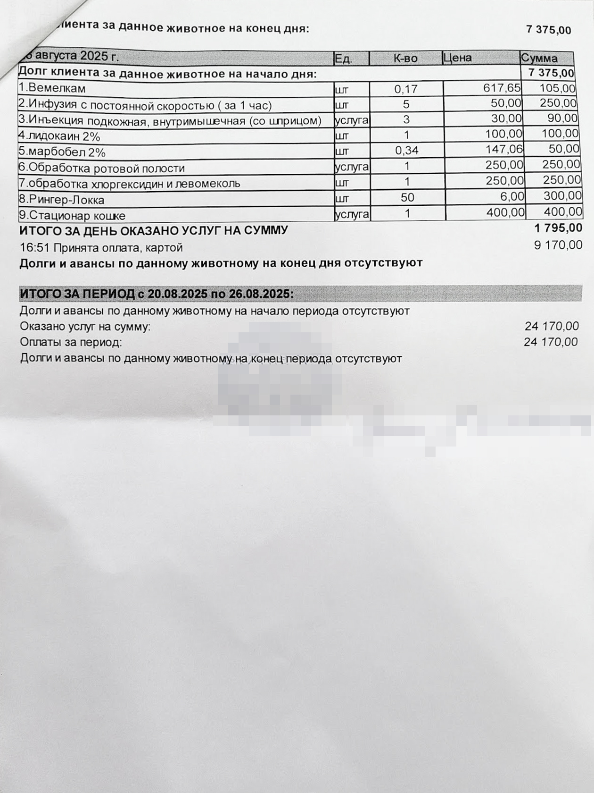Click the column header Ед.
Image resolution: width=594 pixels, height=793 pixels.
(x=343, y=59)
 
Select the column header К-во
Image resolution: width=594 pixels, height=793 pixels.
(x=405, y=58)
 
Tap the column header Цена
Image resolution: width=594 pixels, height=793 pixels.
(x=457, y=58)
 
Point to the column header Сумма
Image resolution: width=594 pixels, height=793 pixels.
(x=539, y=58)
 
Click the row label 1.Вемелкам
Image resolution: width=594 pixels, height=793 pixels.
(x=52, y=88)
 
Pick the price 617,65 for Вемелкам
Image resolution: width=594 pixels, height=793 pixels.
(x=502, y=88)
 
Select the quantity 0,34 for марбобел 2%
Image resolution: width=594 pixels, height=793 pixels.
(x=406, y=151)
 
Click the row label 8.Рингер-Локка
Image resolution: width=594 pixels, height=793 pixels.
(x=61, y=200)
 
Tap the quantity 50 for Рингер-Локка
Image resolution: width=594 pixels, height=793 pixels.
(x=407, y=197)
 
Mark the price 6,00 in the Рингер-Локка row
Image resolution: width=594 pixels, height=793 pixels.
(x=512, y=196)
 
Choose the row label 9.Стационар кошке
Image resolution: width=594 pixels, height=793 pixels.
(x=72, y=216)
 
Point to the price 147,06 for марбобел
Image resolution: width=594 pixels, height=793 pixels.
(x=504, y=150)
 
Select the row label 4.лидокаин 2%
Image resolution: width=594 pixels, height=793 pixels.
(x=59, y=137)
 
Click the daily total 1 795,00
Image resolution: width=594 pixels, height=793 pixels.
(x=558, y=228)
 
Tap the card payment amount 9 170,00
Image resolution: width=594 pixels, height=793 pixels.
(x=558, y=245)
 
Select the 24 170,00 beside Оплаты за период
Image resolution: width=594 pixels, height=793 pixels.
(x=551, y=342)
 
